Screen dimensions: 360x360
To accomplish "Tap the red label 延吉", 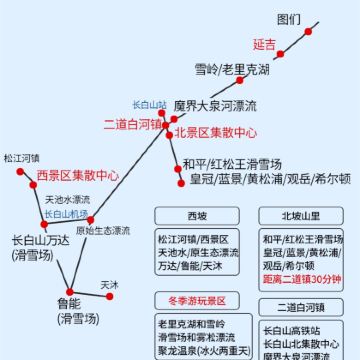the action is (x=264, y=45).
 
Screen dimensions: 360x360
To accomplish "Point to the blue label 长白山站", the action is (x=149, y=104).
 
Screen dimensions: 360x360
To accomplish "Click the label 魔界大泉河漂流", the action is (x=215, y=106).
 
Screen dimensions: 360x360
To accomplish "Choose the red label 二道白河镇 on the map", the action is (x=134, y=124).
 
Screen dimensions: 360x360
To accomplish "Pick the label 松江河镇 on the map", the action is (x=21, y=158).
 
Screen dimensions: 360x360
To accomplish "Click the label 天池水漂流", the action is (x=67, y=199).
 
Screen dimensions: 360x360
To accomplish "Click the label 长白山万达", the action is (x=39, y=241).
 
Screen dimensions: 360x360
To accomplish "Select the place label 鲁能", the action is (x=69, y=303).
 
